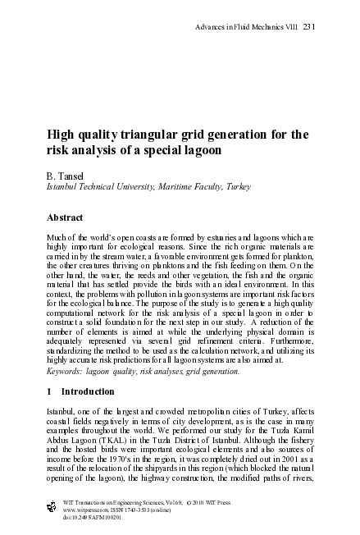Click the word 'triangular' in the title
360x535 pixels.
coord(147,134)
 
